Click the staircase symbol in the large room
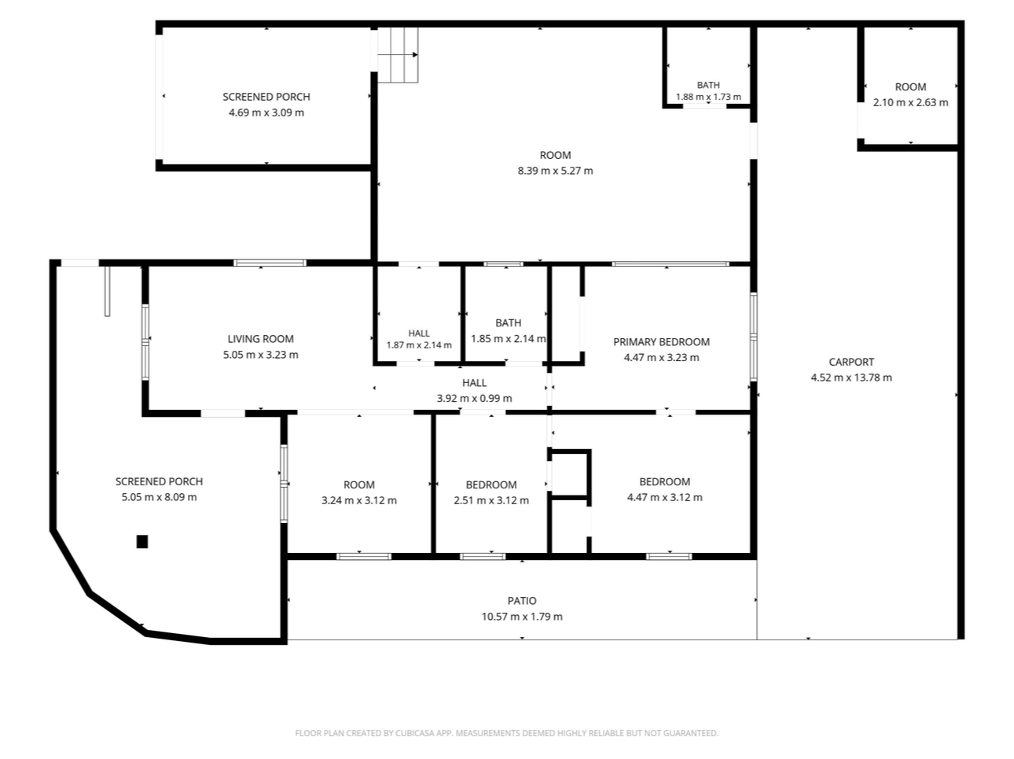(398, 54)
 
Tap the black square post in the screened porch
(142, 541)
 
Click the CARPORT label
(851, 362)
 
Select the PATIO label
(522, 600)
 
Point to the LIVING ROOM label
(260, 339)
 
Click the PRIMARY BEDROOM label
(661, 342)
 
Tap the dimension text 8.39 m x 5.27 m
(555, 171)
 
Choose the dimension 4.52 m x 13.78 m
(851, 378)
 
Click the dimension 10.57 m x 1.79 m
(522, 616)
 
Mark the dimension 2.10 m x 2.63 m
(910, 102)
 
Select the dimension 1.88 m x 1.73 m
(708, 97)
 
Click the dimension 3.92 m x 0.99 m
(475, 399)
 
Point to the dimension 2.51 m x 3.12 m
(491, 500)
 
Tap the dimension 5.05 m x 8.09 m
(159, 497)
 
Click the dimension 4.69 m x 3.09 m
(266, 112)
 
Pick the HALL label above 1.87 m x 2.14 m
(419, 333)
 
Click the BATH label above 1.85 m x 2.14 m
(508, 323)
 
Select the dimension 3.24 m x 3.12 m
(359, 500)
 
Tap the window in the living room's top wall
(270, 263)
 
